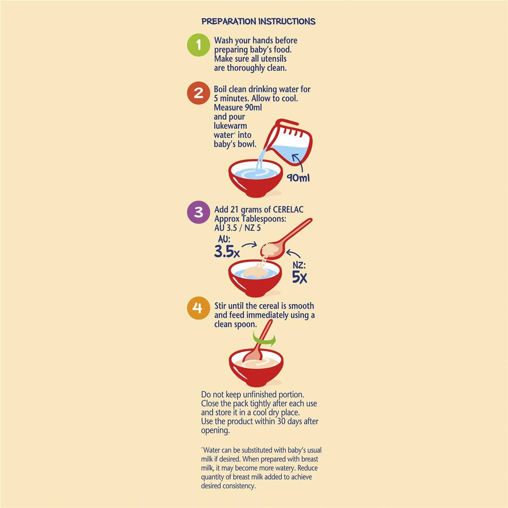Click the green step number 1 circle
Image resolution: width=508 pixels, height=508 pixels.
pyautogui.click(x=199, y=45)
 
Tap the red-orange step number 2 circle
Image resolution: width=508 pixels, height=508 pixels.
pyautogui.click(x=199, y=93)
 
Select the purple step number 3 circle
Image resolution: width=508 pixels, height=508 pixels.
pyautogui.click(x=199, y=213)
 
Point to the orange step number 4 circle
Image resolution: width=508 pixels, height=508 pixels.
pyautogui.click(x=199, y=308)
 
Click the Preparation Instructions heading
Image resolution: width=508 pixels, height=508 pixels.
pyautogui.click(x=258, y=21)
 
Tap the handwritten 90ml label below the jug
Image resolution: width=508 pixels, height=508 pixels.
pyautogui.click(x=298, y=178)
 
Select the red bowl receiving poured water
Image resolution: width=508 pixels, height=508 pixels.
pyautogui.click(x=255, y=178)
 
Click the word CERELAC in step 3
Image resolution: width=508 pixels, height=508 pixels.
pyautogui.click(x=288, y=210)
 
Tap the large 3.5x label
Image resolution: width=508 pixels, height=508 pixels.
pyautogui.click(x=227, y=252)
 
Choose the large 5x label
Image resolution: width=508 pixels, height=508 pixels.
pyautogui.click(x=299, y=277)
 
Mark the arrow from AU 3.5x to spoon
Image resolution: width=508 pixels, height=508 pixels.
pyautogui.click(x=249, y=245)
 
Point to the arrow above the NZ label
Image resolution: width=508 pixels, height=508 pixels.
pyautogui.click(x=293, y=254)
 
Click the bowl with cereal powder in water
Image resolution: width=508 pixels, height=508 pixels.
pyautogui.click(x=255, y=278)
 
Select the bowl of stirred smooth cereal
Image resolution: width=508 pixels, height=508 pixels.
pyautogui.click(x=256, y=367)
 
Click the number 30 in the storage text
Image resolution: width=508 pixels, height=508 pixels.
pyautogui.click(x=281, y=421)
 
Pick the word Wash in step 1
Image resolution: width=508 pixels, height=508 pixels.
pyautogui.click(x=224, y=40)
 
